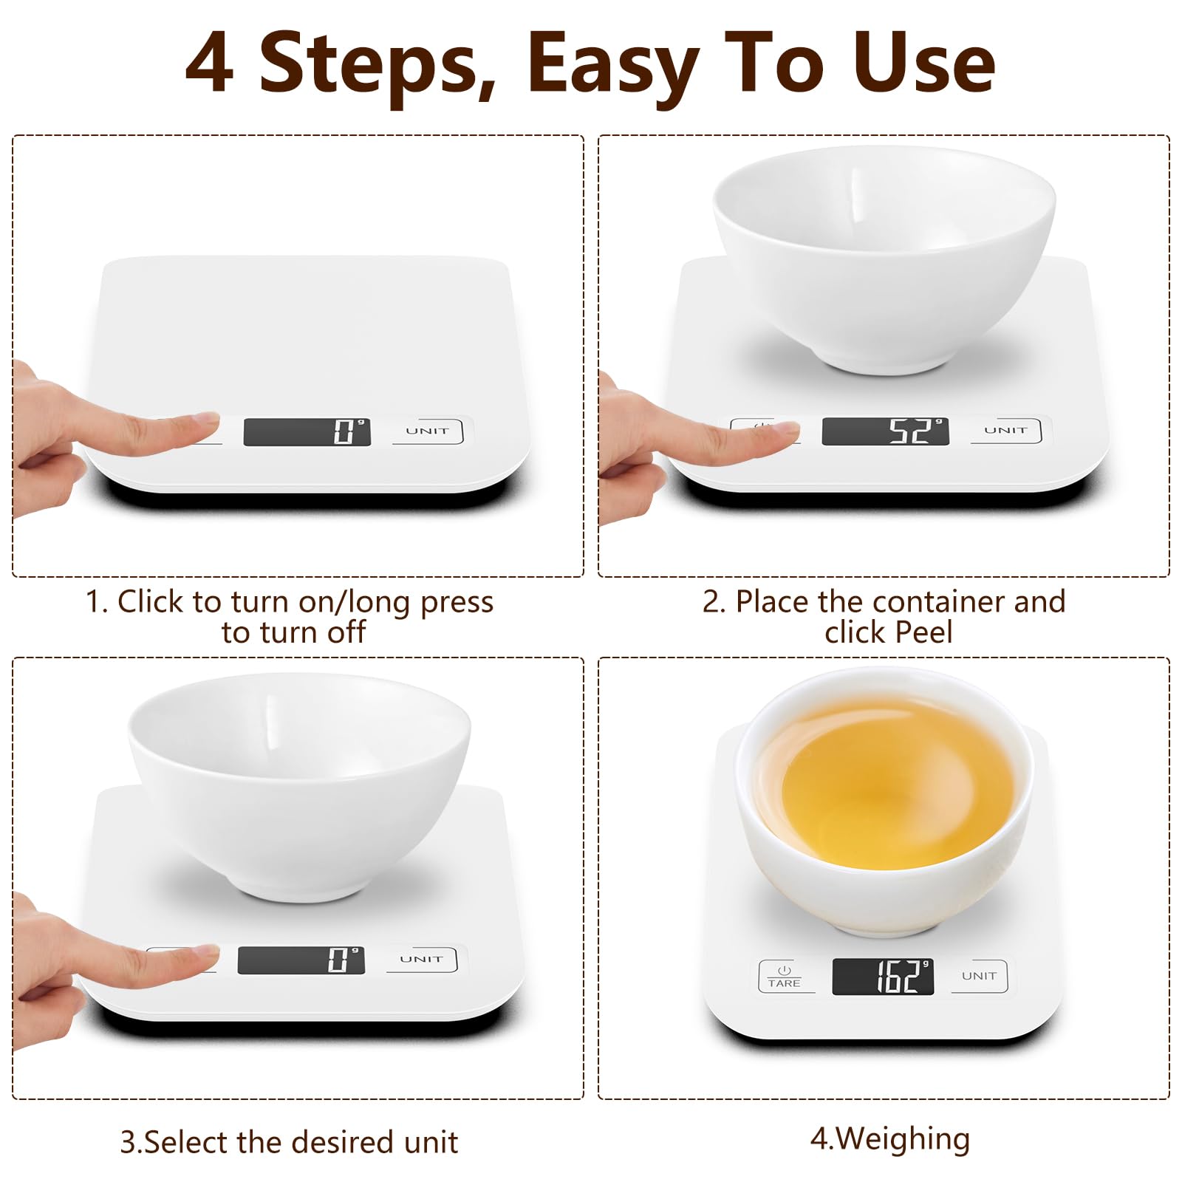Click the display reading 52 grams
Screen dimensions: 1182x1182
tap(885, 431)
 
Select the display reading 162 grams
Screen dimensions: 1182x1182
tap(883, 977)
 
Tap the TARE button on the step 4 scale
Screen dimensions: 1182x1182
tap(784, 976)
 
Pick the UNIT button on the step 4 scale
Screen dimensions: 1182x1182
tap(980, 976)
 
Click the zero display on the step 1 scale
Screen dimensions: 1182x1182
tap(307, 432)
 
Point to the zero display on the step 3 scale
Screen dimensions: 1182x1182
tap(301, 960)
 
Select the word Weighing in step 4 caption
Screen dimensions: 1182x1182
tap(902, 1138)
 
